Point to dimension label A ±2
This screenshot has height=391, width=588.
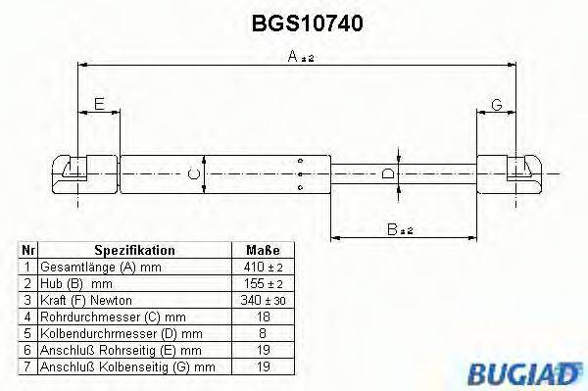pyautogui.click(x=300, y=59)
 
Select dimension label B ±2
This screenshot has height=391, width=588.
pyautogui.click(x=399, y=229)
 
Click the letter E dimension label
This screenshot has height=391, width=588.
pyautogui.click(x=97, y=104)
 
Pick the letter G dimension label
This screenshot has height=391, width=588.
pyautogui.click(x=497, y=104)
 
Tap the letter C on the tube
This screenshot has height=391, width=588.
pyautogui.click(x=194, y=174)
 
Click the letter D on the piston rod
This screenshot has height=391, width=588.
pyautogui.click(x=389, y=174)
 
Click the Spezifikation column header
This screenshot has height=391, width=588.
pyautogui.click(x=134, y=251)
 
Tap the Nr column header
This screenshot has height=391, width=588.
pyautogui.click(x=28, y=251)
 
